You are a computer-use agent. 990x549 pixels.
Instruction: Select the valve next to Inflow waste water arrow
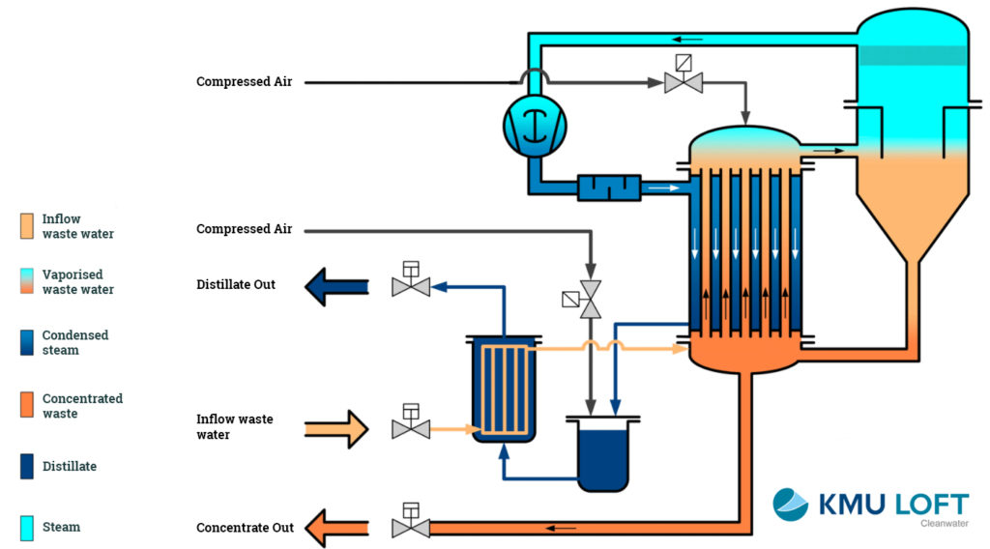pos(410,426)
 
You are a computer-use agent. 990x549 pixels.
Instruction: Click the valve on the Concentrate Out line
pos(410,527)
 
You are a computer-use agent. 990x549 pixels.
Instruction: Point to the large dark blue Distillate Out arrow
pos(336,286)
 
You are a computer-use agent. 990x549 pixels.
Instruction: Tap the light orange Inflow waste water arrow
pos(336,427)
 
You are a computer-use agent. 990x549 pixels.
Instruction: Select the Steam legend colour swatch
pos(27,528)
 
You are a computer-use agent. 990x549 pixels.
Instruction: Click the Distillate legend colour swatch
pos(27,467)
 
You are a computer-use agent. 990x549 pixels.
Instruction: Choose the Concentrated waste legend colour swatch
pos(27,406)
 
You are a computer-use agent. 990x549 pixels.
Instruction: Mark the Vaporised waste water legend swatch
pos(27,282)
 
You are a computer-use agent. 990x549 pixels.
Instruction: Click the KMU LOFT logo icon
pos(790,505)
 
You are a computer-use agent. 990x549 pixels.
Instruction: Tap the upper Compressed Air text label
pos(244,82)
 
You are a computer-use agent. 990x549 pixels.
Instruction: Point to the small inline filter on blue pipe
pos(608,188)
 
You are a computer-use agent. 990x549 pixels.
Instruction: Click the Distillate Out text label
pos(236,285)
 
